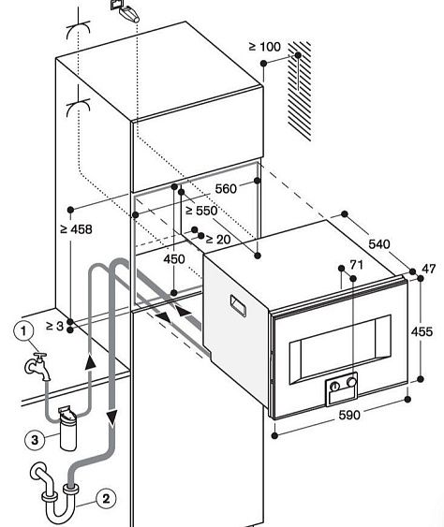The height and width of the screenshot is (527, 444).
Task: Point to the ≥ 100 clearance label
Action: (x=266, y=46)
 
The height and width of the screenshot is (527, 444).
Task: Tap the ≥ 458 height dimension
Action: (x=76, y=228)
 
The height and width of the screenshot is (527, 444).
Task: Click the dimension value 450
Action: (x=174, y=259)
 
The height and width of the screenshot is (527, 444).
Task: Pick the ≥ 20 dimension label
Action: (x=217, y=240)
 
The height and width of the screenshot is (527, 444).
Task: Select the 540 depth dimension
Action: (x=378, y=244)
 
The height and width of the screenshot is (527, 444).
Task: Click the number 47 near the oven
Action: (x=429, y=270)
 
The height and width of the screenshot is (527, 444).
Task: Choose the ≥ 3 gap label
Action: (x=55, y=326)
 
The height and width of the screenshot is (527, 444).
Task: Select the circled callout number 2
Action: (x=107, y=499)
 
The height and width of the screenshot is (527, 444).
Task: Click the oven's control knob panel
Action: (x=342, y=388)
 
